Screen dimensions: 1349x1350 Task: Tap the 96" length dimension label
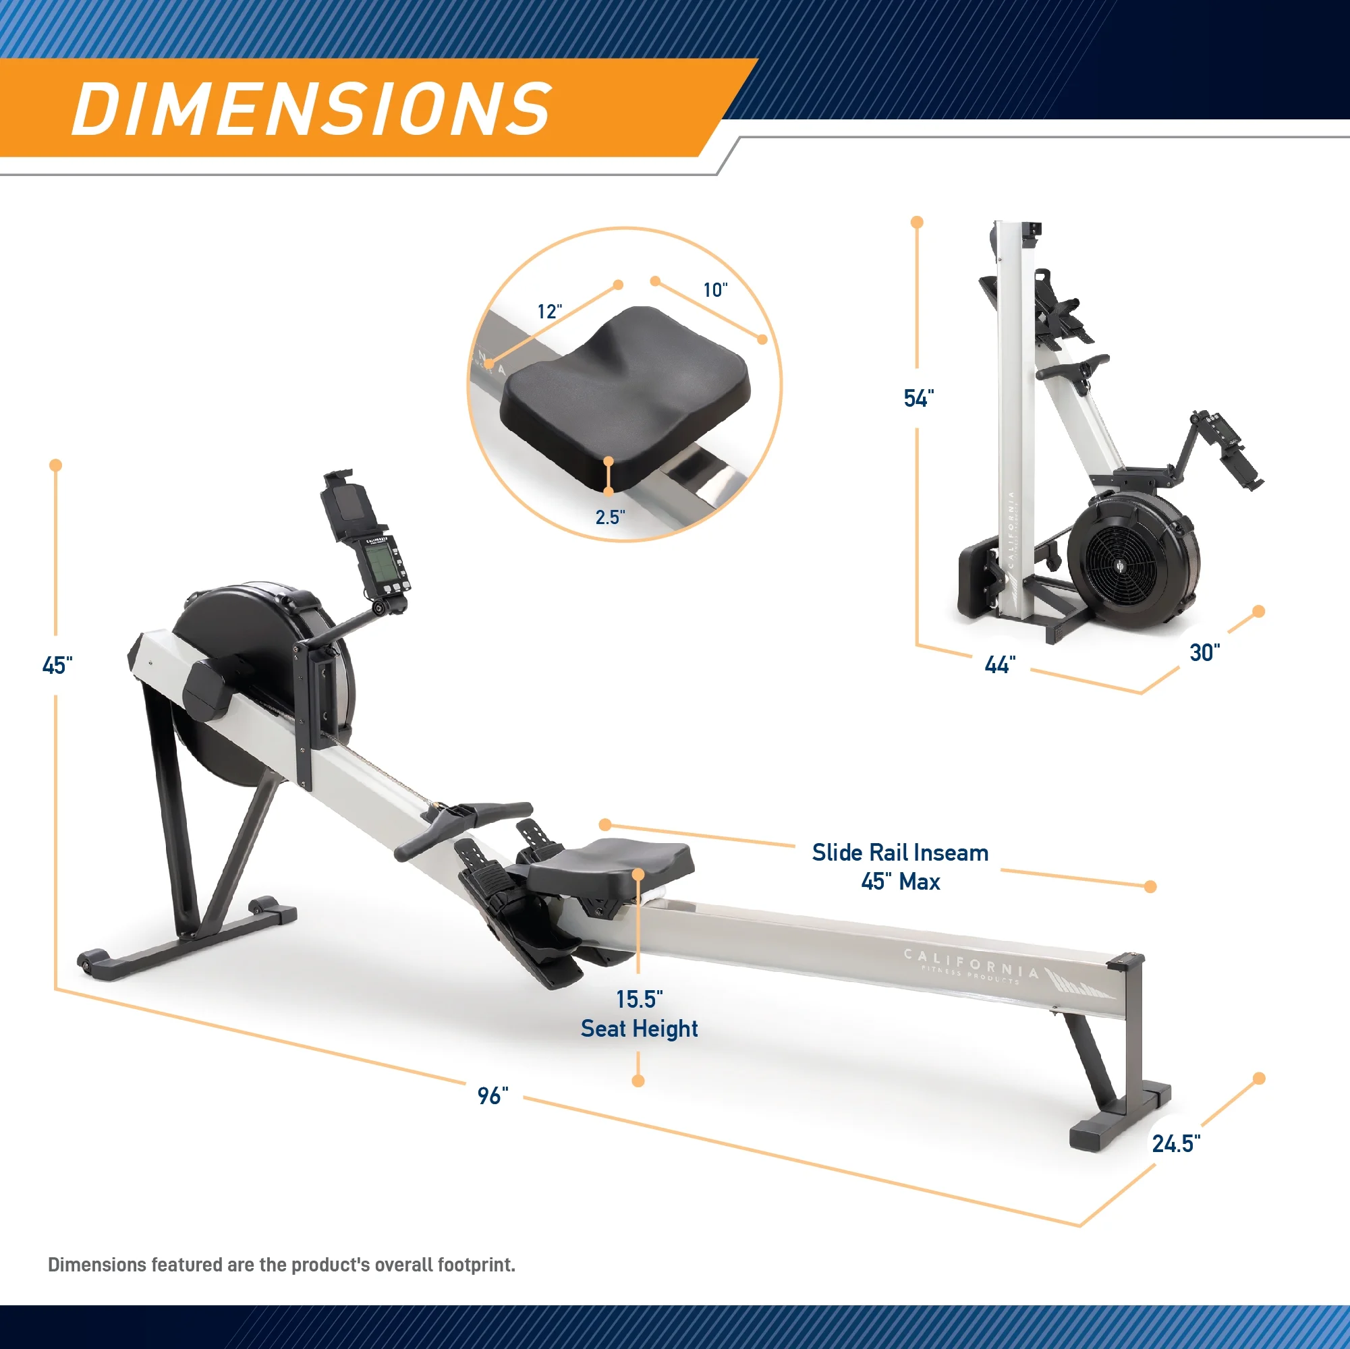click(x=493, y=1095)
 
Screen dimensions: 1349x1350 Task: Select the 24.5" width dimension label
click(x=1176, y=1143)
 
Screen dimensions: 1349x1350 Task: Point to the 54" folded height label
click(x=918, y=398)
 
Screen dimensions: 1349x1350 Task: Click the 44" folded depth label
click(x=999, y=664)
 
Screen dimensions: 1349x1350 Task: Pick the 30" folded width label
click(x=1205, y=652)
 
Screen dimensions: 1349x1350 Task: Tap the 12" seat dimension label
click(x=549, y=312)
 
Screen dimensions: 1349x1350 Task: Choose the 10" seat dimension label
click(x=715, y=290)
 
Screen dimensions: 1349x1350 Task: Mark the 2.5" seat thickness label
click(x=609, y=517)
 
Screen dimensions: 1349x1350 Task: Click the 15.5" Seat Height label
click(x=639, y=1014)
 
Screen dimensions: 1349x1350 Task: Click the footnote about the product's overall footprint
click(x=281, y=1265)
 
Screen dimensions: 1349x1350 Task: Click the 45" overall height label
click(x=57, y=665)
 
